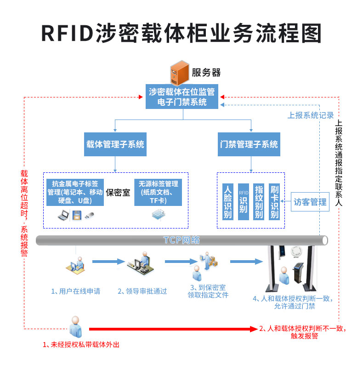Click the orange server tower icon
(x=179, y=72)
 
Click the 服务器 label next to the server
(x=206, y=72)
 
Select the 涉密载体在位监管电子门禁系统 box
(x=182, y=96)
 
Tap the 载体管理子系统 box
(x=115, y=144)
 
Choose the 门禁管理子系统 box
(x=250, y=144)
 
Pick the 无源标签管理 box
(x=158, y=192)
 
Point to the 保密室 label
(x=118, y=192)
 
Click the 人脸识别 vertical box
(x=227, y=201)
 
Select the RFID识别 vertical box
(x=243, y=201)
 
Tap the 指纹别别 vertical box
(x=259, y=201)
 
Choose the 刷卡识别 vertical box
(x=274, y=201)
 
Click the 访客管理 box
(x=310, y=202)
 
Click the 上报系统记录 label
(x=311, y=115)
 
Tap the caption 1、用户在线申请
(x=75, y=291)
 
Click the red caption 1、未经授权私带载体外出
(x=81, y=344)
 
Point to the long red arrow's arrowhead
(x=254, y=329)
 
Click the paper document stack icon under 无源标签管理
(x=158, y=214)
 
